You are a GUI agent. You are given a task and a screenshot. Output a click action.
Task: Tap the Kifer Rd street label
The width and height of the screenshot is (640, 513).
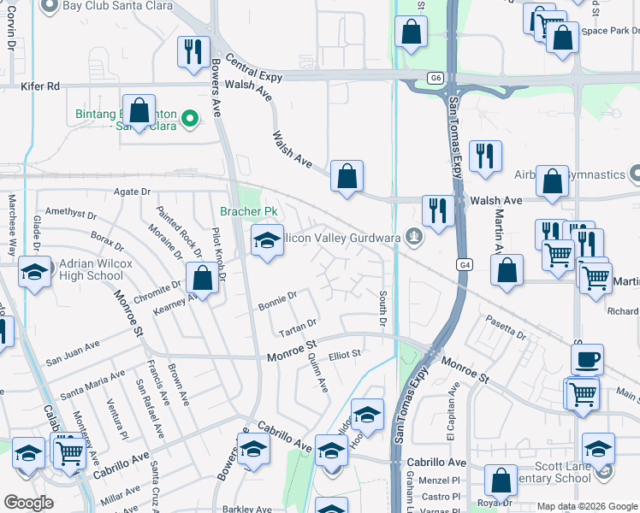click(41, 86)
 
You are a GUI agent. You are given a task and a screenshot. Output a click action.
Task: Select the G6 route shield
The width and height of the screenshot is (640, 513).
click(436, 78)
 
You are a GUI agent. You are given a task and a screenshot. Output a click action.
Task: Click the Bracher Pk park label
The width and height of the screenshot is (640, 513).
click(249, 210)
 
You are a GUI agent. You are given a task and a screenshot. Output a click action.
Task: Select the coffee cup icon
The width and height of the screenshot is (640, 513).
click(587, 359)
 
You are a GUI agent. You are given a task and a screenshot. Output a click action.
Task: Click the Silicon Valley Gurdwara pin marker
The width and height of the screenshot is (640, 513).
click(414, 237)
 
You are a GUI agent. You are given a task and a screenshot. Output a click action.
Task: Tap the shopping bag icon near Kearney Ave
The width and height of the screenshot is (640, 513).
click(202, 278)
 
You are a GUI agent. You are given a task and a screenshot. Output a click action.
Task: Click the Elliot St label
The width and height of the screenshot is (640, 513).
click(345, 352)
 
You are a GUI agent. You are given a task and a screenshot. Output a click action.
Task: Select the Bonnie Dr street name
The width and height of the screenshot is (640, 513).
click(278, 299)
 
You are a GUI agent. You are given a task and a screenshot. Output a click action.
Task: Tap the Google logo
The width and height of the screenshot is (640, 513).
click(29, 502)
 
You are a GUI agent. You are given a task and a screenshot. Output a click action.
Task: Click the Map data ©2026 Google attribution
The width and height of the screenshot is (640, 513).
click(586, 506)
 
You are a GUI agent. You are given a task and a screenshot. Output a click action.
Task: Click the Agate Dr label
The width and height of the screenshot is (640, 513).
click(133, 192)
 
